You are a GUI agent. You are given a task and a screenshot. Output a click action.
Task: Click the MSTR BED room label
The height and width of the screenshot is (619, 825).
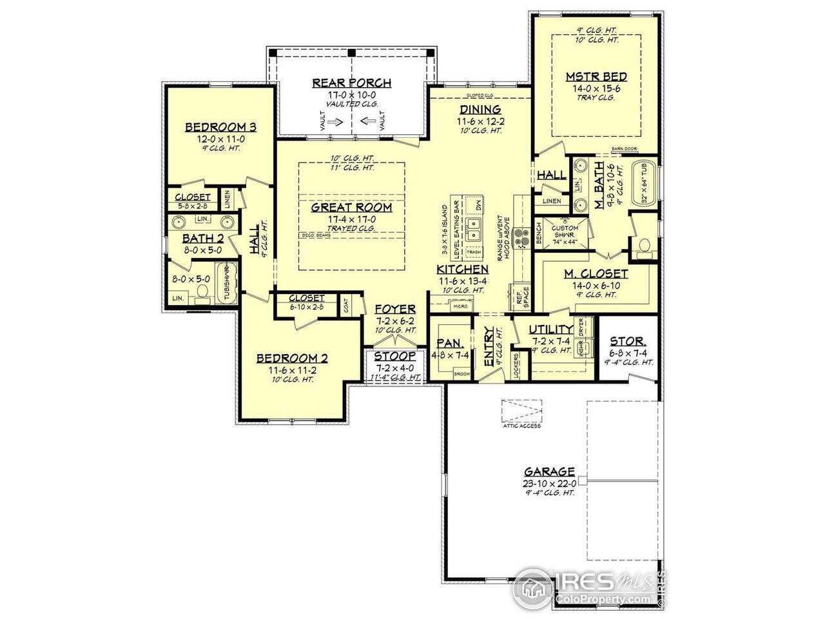tap(596, 77)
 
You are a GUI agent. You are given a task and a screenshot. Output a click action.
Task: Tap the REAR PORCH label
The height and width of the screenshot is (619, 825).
tap(352, 83)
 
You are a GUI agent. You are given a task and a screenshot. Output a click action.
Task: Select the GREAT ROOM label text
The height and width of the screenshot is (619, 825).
tap(352, 207)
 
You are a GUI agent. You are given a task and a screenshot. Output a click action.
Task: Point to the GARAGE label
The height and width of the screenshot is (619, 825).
tap(549, 471)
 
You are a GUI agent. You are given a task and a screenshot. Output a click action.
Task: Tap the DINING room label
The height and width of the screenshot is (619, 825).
tap(480, 109)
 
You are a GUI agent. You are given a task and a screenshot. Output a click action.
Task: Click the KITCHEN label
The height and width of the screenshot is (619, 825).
tap(461, 269)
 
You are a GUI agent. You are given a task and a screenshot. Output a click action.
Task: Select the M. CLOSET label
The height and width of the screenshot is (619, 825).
tap(596, 273)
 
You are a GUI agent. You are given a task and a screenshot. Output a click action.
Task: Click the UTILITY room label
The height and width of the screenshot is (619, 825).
tap(550, 329)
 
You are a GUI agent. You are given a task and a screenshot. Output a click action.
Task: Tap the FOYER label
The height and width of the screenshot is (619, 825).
tap(396, 309)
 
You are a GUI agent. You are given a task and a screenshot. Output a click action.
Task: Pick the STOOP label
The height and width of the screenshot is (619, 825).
tap(395, 357)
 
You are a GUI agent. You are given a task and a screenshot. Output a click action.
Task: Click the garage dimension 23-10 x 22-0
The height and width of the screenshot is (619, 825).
tap(549, 483)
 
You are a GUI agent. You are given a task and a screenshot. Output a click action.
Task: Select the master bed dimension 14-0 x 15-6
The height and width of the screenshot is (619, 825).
tap(596, 88)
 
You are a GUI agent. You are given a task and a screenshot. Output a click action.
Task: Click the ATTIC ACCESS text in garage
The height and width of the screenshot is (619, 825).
tap(521, 426)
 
